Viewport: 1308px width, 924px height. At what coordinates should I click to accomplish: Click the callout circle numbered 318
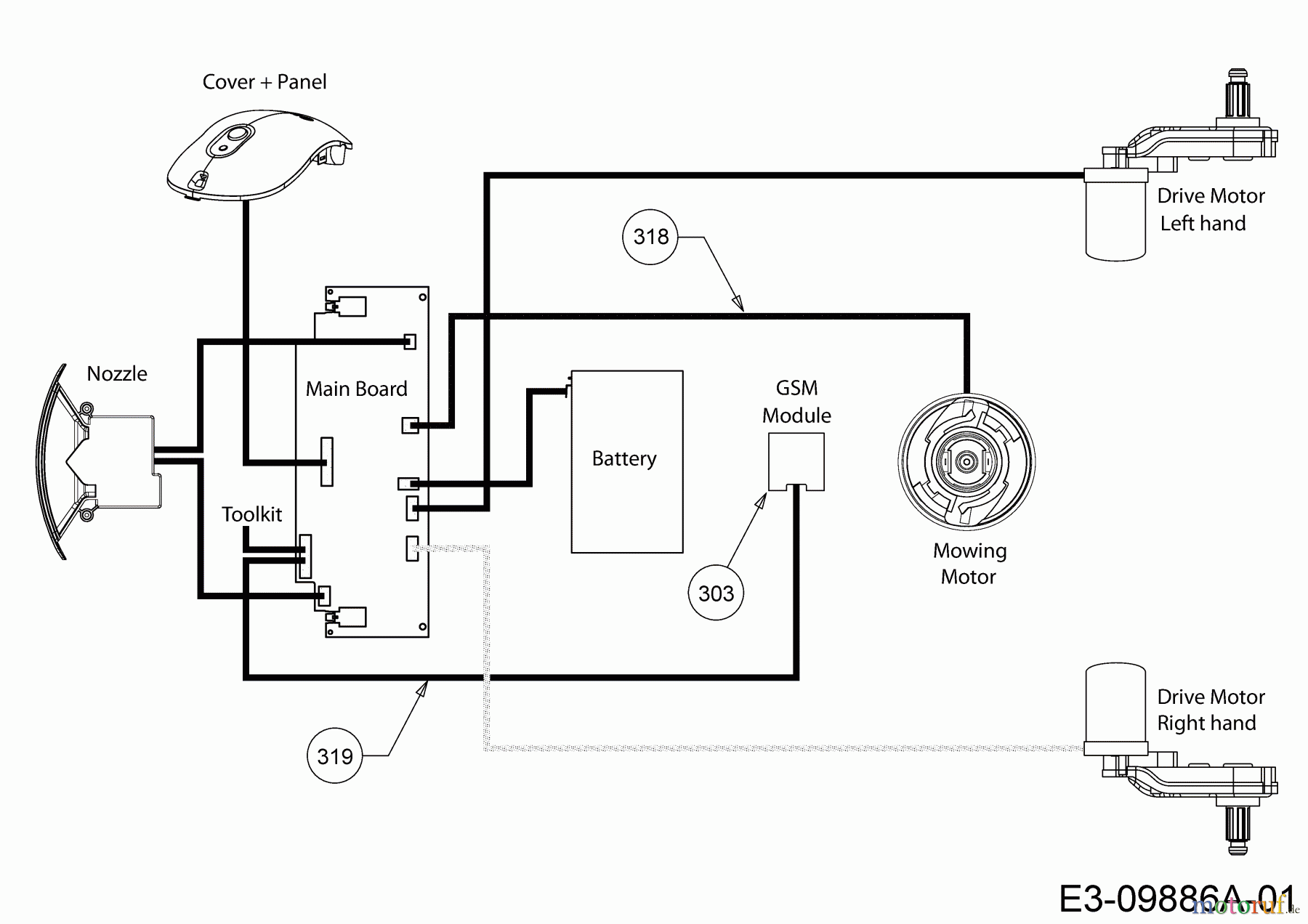(x=650, y=237)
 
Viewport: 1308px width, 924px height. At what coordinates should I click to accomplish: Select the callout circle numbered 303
(x=716, y=593)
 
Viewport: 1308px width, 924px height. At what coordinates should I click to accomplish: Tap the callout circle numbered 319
(x=334, y=756)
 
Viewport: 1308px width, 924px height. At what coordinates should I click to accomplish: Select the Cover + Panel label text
(x=265, y=82)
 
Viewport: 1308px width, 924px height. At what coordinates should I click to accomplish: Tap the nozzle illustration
(x=94, y=462)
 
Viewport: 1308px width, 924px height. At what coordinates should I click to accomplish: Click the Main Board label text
(x=356, y=389)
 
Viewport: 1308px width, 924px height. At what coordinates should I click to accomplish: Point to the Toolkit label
(x=251, y=514)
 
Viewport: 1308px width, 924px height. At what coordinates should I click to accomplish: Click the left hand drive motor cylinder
(x=1115, y=218)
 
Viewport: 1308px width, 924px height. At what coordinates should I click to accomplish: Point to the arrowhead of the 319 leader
(x=421, y=689)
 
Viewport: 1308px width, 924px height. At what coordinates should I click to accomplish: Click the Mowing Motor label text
(x=969, y=564)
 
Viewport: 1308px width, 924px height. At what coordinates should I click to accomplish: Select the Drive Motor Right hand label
(x=1210, y=710)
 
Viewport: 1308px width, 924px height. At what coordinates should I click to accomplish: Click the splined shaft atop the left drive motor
(x=1238, y=94)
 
